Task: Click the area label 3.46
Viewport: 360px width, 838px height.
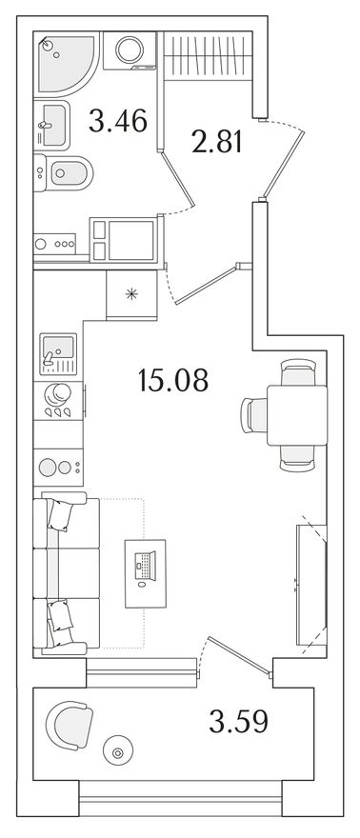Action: (117, 120)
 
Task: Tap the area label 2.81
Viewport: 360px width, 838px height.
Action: (217, 142)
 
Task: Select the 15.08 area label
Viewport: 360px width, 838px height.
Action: (173, 380)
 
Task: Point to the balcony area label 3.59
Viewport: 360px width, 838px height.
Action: (238, 722)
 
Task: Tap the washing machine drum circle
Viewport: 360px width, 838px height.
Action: (130, 50)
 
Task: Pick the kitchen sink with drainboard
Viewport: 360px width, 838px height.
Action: (58, 354)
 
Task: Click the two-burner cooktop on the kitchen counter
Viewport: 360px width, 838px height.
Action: (58, 468)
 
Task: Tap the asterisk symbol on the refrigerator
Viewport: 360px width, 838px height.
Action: (131, 293)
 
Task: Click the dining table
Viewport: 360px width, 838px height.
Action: (297, 415)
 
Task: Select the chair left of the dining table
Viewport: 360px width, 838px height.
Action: (254, 415)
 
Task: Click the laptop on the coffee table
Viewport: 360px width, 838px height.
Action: (146, 566)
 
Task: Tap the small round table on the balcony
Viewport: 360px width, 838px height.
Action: (117, 753)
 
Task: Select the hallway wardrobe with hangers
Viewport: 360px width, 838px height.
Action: (208, 56)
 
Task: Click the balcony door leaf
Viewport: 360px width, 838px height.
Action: (239, 655)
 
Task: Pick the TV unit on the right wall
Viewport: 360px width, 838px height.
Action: (311, 585)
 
